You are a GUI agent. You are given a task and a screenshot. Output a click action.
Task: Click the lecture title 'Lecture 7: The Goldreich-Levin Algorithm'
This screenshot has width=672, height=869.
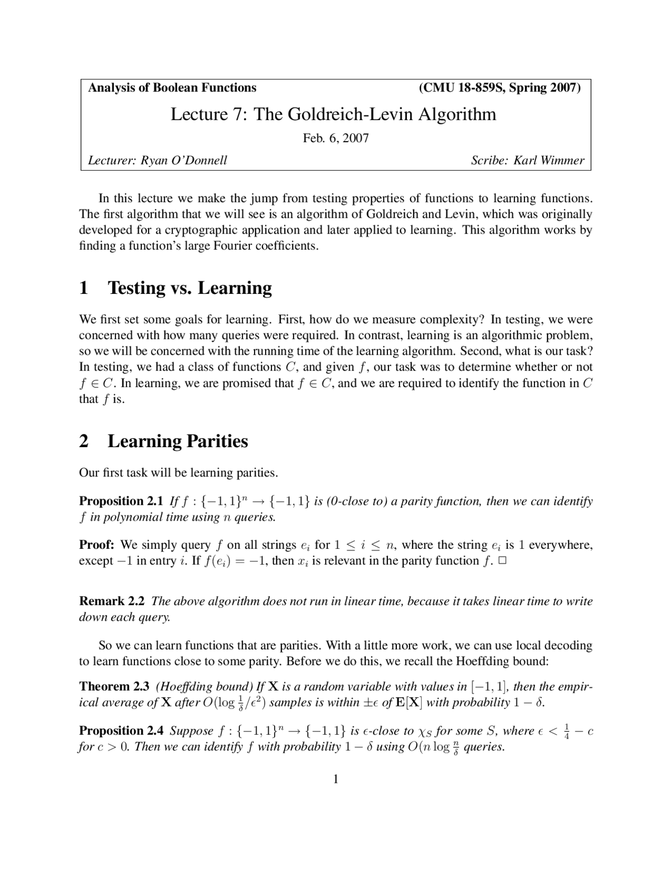[x=333, y=114]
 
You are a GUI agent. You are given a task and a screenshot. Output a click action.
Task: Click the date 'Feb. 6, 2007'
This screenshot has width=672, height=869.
[x=336, y=138]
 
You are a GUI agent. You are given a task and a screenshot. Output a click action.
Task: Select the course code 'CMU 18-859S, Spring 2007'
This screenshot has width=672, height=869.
[x=500, y=88]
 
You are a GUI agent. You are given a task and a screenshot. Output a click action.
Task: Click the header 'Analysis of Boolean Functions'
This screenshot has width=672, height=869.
[x=172, y=88]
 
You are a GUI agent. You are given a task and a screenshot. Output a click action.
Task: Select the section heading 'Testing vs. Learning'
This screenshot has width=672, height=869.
[x=190, y=288]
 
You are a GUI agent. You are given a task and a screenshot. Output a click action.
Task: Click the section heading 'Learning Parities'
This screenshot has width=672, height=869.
[x=177, y=441]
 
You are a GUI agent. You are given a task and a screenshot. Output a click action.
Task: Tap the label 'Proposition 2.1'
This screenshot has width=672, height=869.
[x=121, y=501]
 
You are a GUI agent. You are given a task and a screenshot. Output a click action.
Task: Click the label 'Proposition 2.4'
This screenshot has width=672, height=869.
[x=121, y=730]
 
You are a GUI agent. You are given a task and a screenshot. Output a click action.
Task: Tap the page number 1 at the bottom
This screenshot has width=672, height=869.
[x=336, y=779]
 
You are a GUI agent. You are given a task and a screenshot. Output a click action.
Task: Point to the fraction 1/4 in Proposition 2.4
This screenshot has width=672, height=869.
[x=566, y=730]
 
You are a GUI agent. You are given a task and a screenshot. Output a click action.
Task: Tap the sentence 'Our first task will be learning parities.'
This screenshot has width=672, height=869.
[x=178, y=472]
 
